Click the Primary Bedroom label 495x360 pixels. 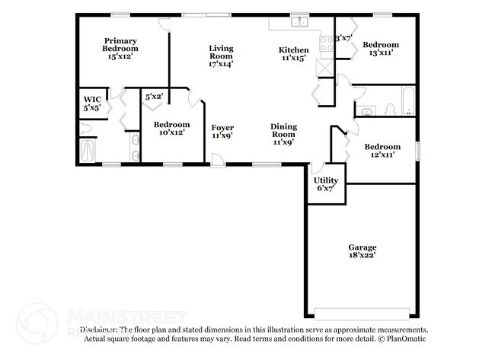pyautogui.click(x=121, y=48)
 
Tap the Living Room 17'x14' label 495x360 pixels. pyautogui.click(x=221, y=56)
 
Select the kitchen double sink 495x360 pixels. pyautogui.click(x=301, y=23)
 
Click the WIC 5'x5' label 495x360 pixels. pyautogui.click(x=92, y=104)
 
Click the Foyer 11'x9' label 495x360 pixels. pyautogui.click(x=222, y=131)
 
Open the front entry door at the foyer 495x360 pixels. pyautogui.click(x=219, y=161)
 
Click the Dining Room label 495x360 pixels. pyautogui.click(x=283, y=133)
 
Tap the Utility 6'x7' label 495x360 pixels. pyautogui.click(x=327, y=184)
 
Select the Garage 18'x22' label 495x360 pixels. pyautogui.click(x=362, y=251)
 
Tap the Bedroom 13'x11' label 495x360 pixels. pyautogui.click(x=380, y=49)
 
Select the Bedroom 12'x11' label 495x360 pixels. pyautogui.click(x=381, y=151)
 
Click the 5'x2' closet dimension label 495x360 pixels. pyautogui.click(x=154, y=97)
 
